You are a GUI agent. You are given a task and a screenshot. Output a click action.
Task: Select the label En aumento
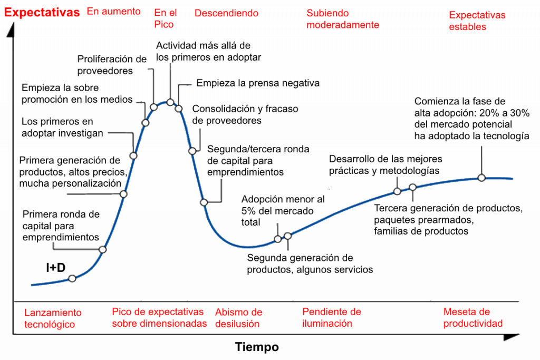[113, 11]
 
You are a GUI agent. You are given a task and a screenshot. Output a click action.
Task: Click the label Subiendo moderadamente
[343, 19]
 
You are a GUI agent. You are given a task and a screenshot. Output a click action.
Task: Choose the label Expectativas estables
[477, 21]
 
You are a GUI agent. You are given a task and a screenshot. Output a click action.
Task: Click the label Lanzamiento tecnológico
[53, 318]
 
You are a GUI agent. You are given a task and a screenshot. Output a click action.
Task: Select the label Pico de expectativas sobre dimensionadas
[159, 317]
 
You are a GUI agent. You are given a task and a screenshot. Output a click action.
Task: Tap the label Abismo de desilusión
[238, 318]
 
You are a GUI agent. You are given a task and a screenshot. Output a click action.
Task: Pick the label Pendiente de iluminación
[331, 317]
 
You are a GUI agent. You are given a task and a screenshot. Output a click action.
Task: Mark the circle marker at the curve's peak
[170, 102]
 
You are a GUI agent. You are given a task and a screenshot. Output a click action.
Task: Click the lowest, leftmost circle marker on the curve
[72, 278]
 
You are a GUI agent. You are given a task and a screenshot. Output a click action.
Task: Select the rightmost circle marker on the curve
[481, 178]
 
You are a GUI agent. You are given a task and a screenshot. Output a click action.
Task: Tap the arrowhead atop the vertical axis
[12, 32]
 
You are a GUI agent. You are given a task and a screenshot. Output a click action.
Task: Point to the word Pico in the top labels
[164, 25]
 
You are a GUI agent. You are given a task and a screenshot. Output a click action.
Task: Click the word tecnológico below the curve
[50, 324]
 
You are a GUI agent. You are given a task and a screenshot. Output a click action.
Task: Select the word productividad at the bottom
[472, 323]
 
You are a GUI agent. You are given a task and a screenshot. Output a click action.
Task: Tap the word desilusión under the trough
[237, 324]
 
